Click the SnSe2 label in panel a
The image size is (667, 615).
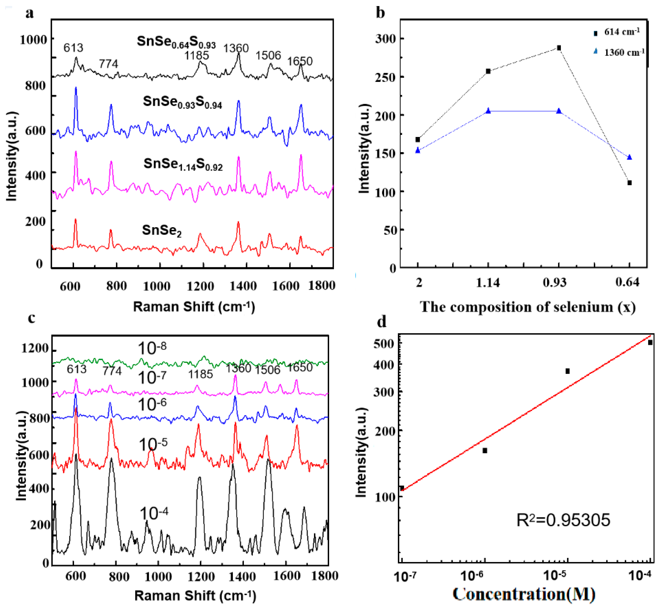point(162,230)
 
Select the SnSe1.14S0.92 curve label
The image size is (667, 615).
point(183,164)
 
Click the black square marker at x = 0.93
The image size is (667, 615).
point(559,48)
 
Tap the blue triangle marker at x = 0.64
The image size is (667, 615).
point(629,157)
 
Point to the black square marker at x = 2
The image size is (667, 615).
point(418,139)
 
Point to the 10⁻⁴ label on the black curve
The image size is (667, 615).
point(153,513)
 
